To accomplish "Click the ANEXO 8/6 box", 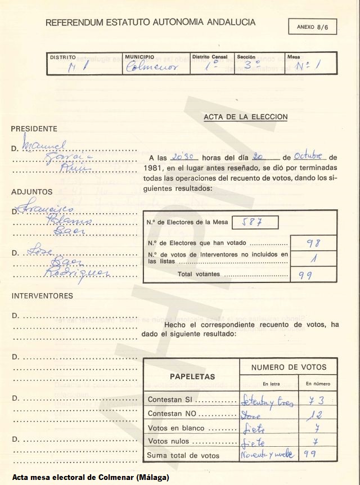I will click(x=313, y=26).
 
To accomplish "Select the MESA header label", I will click(x=293, y=57).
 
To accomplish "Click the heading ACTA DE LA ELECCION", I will click(x=245, y=117).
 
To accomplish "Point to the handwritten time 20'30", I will click(x=183, y=156).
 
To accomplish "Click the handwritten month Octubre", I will click(x=307, y=156).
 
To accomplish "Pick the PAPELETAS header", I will click(x=192, y=376).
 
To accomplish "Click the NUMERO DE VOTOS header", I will click(x=289, y=367).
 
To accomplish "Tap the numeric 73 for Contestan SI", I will click(x=317, y=400).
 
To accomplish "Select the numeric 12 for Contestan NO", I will click(x=317, y=415).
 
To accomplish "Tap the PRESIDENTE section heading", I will click(x=34, y=129).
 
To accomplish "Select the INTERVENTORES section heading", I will click(x=42, y=295).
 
